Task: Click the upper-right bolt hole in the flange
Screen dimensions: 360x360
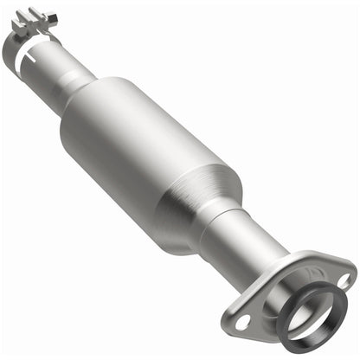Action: (343, 280)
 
